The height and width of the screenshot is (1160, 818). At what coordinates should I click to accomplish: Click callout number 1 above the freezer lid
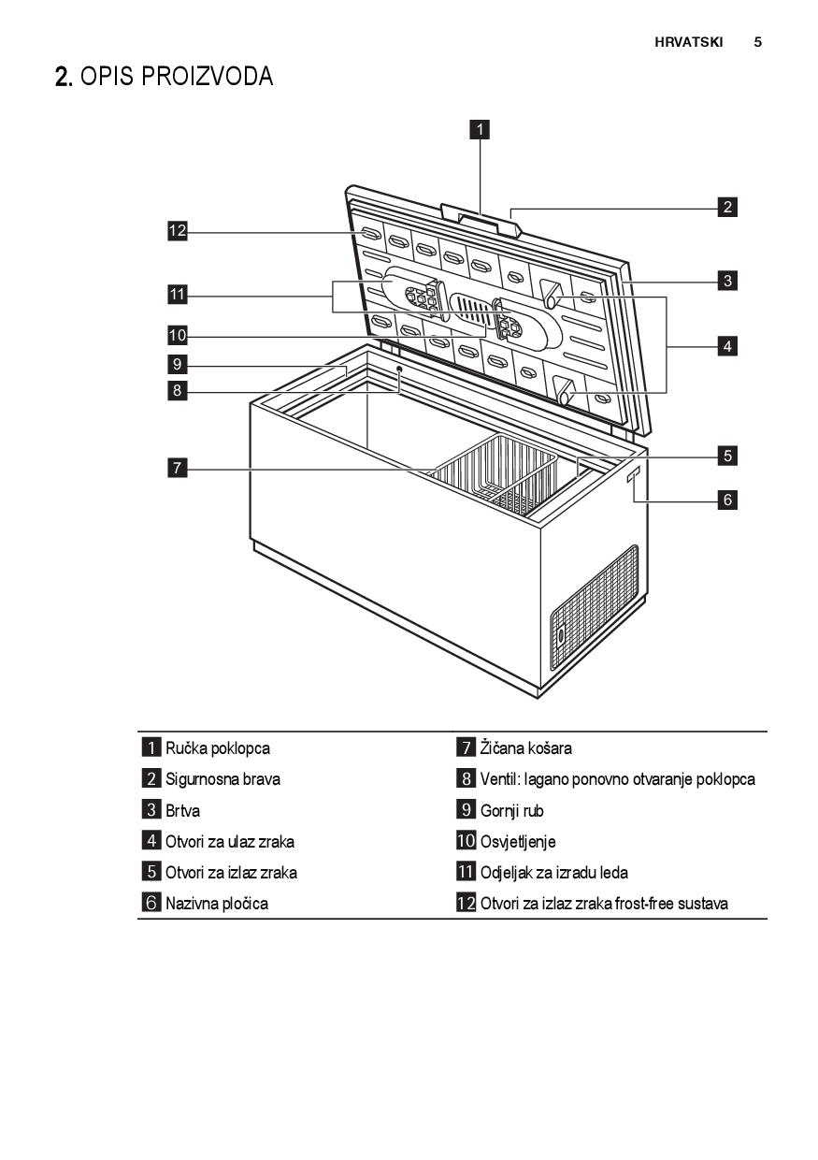(480, 129)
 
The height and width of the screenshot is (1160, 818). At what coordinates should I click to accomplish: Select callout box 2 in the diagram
(727, 207)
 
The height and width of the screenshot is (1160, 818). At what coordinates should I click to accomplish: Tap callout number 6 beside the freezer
(727, 500)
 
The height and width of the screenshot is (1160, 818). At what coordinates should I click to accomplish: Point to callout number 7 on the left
(176, 468)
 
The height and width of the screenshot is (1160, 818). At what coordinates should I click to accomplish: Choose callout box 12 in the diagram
(177, 231)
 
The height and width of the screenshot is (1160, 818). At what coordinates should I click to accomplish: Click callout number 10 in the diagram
(177, 335)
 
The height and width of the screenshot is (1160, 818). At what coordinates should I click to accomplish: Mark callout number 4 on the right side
(727, 346)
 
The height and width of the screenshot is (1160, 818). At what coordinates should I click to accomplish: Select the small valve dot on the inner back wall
(399, 370)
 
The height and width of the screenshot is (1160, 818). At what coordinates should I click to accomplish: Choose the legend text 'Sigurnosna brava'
(222, 779)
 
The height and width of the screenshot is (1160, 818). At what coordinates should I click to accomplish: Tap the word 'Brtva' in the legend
(183, 810)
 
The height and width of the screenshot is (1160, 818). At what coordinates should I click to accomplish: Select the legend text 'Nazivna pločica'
(217, 904)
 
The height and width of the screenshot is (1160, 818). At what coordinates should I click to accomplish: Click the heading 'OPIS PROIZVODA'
(177, 78)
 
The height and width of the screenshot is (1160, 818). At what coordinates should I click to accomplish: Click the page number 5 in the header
(758, 42)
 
